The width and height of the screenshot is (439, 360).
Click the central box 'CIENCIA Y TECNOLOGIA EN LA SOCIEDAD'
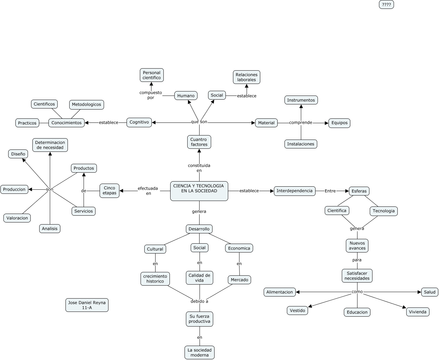199,191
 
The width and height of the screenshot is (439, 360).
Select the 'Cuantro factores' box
199,142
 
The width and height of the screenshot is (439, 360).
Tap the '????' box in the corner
386,4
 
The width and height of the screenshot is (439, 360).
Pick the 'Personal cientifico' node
152,75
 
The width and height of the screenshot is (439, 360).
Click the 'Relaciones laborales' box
247,77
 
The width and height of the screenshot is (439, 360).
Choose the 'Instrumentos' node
301,100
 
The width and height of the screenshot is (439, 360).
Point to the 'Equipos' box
339,123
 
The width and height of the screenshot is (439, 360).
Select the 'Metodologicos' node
86,104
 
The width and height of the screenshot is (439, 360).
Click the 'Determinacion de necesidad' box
50,145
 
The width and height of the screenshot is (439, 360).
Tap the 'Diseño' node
18,154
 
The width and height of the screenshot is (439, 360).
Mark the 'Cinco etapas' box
109,190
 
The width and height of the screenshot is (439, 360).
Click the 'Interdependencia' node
294,191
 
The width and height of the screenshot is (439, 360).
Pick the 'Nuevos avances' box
357,246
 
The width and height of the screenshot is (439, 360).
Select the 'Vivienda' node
418,312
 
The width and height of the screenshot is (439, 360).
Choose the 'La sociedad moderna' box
200,352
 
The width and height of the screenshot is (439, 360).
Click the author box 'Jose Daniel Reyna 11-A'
87,305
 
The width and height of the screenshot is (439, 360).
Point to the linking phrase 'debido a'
199,301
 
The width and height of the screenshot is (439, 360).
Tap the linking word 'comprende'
301,123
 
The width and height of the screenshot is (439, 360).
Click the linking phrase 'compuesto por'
151,95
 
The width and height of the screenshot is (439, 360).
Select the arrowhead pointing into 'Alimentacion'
298,292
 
